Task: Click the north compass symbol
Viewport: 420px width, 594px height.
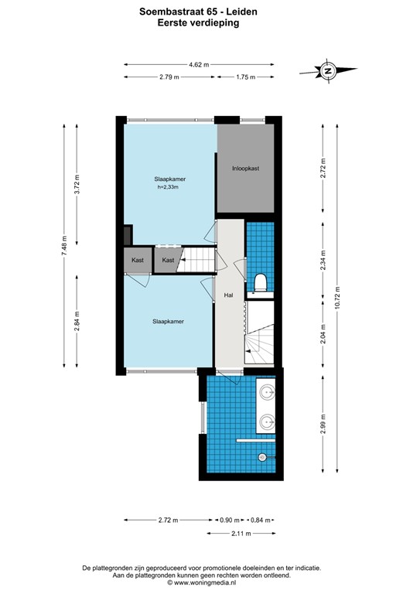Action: coord(327,71)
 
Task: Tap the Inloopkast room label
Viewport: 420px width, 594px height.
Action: coord(245,168)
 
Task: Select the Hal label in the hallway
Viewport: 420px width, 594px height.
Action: coord(229,295)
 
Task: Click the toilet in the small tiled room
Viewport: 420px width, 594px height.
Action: coord(260,283)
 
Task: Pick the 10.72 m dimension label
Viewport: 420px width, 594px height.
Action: coord(336,296)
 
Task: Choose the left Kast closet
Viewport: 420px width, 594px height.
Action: coord(138,261)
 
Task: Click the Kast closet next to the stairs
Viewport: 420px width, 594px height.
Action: coord(168,261)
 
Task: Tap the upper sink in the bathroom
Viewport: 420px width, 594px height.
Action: coord(268,393)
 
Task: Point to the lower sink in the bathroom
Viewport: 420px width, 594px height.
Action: coord(268,422)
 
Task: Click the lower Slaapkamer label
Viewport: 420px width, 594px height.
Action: coord(168,321)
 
